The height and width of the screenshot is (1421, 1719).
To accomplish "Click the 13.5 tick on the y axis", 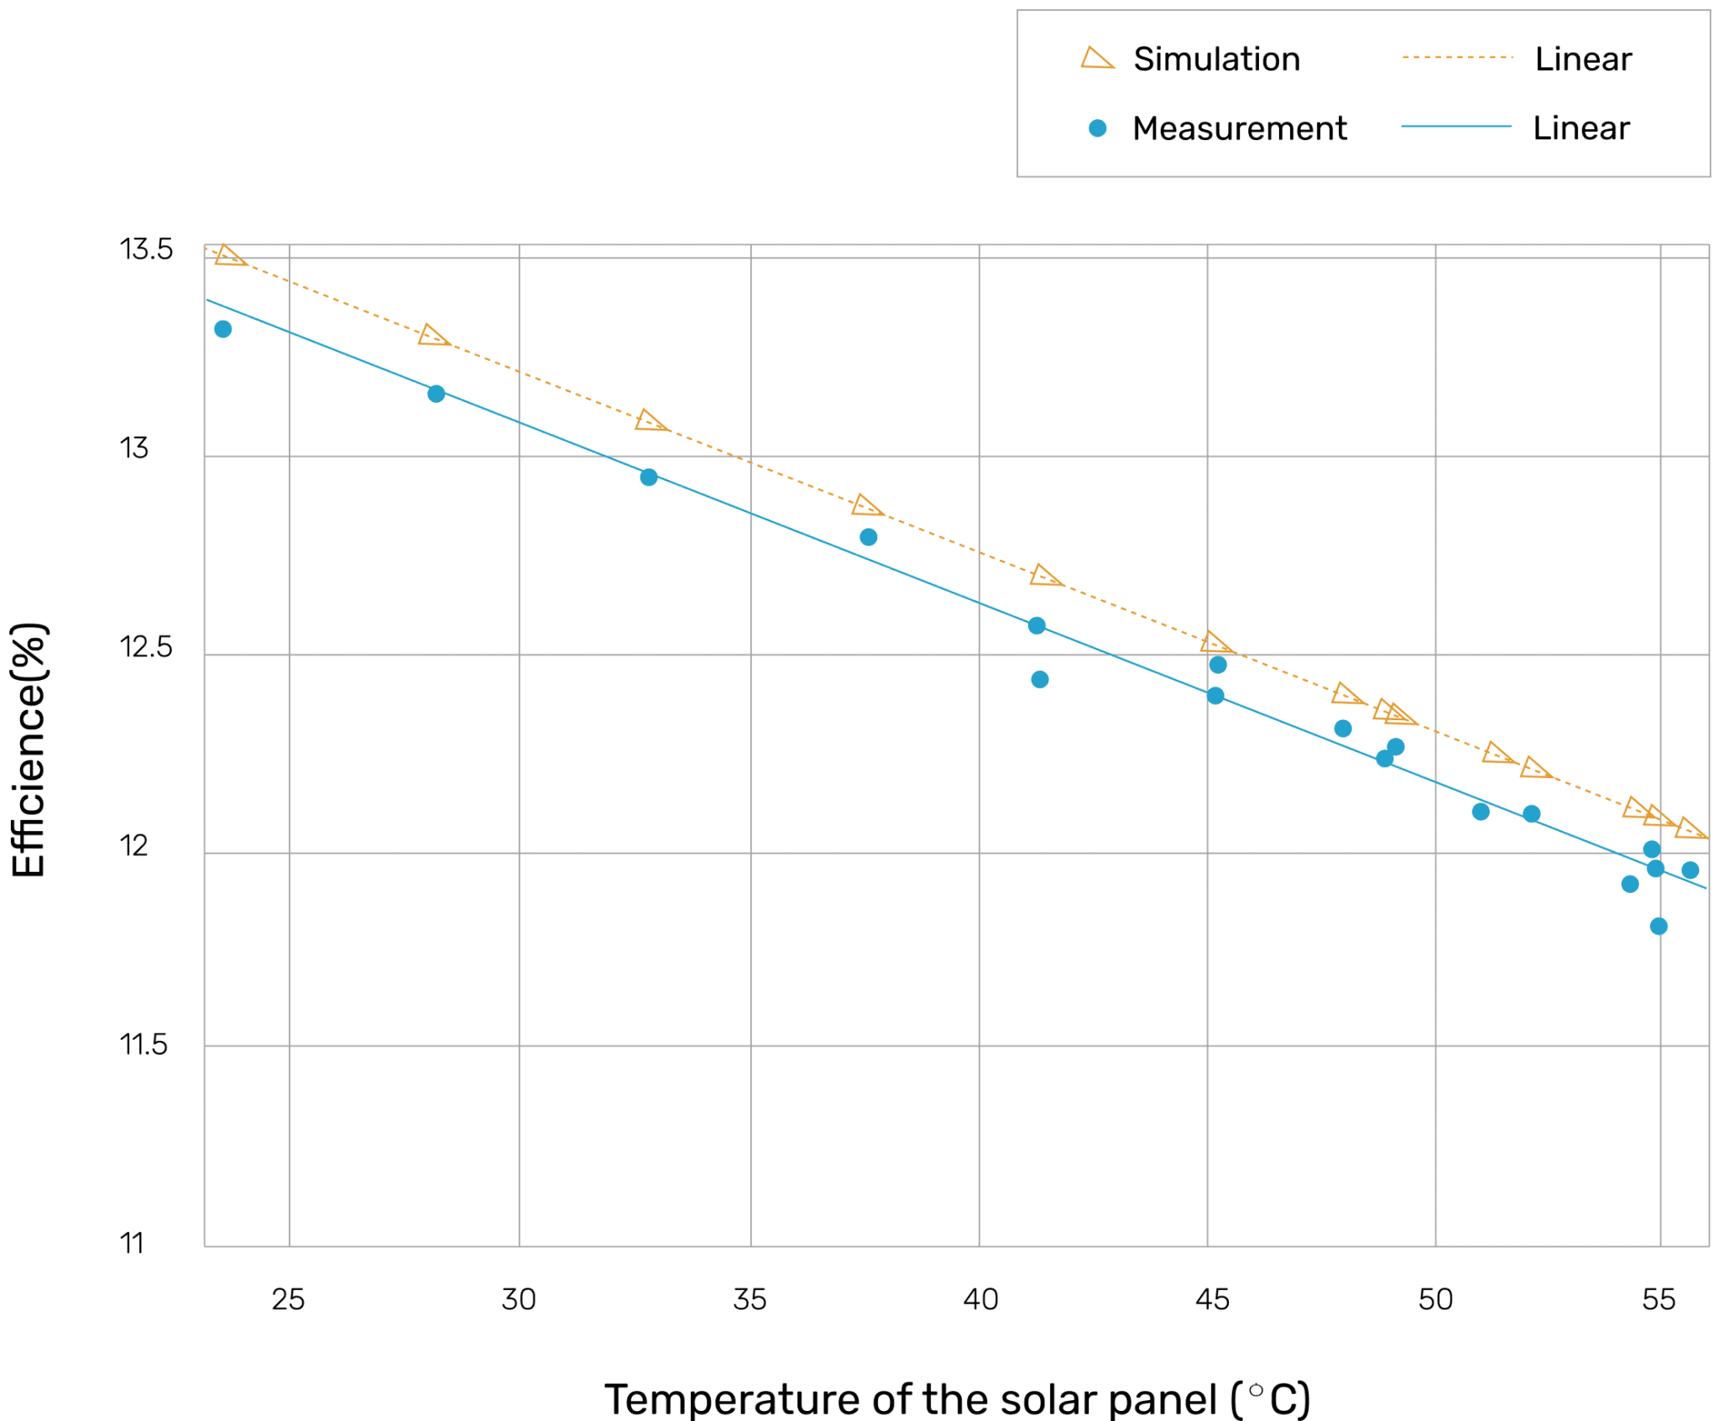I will pyautogui.click(x=146, y=249).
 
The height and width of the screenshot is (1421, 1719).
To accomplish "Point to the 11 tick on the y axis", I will pyautogui.click(x=132, y=1243).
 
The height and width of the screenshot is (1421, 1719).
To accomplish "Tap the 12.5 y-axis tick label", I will pyautogui.click(x=146, y=647).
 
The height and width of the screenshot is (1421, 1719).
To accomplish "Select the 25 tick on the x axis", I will pyautogui.click(x=288, y=1299).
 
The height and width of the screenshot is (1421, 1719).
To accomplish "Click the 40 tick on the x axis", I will pyautogui.click(x=980, y=1299).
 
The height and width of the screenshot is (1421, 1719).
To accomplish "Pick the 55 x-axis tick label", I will pyautogui.click(x=1659, y=1299).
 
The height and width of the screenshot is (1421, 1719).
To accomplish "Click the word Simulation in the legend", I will pyautogui.click(x=1216, y=59).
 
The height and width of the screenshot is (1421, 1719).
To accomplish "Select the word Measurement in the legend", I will pyautogui.click(x=1239, y=128).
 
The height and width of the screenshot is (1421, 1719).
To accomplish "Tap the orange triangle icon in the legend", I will pyautogui.click(x=1096, y=59).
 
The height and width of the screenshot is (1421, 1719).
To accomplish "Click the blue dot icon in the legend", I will pyautogui.click(x=1097, y=128).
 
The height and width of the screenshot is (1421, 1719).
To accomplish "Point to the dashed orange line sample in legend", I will pyautogui.click(x=1456, y=58).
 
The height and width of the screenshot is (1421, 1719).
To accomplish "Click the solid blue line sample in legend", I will pyautogui.click(x=1456, y=127).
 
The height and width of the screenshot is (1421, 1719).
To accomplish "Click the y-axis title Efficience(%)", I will pyautogui.click(x=29, y=750).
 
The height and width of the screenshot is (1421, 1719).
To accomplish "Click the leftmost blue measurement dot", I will pyautogui.click(x=222, y=329).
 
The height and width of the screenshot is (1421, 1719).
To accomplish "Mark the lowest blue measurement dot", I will pyautogui.click(x=1659, y=926).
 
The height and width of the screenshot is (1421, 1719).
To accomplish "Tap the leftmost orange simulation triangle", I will pyautogui.click(x=228, y=256).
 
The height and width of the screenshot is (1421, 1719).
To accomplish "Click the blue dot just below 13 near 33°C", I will pyautogui.click(x=649, y=477).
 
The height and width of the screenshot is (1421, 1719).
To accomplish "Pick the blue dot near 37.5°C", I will pyautogui.click(x=869, y=537).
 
